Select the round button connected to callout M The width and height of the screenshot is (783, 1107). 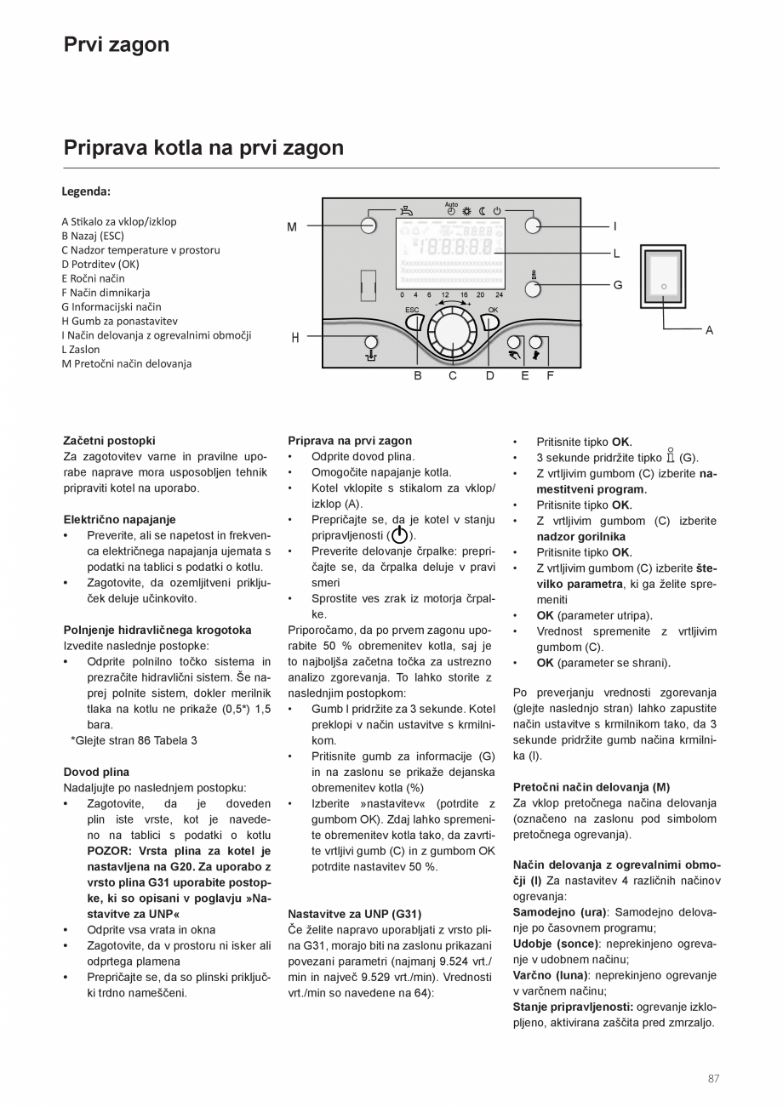point(369,225)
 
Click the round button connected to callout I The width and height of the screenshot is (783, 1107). point(533,225)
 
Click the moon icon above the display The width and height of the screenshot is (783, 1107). point(482,210)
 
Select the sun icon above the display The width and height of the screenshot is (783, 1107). point(466,210)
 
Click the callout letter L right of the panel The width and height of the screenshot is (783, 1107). point(616,254)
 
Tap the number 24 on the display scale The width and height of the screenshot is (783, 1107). point(499,294)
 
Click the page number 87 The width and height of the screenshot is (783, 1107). point(712,1079)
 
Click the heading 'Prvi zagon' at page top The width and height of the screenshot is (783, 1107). point(117,44)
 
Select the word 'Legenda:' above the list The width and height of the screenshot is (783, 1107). point(86,191)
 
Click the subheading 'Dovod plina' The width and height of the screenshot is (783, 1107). point(96,772)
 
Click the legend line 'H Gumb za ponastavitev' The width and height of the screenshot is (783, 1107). point(119,321)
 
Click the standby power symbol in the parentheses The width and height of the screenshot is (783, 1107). point(399,535)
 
